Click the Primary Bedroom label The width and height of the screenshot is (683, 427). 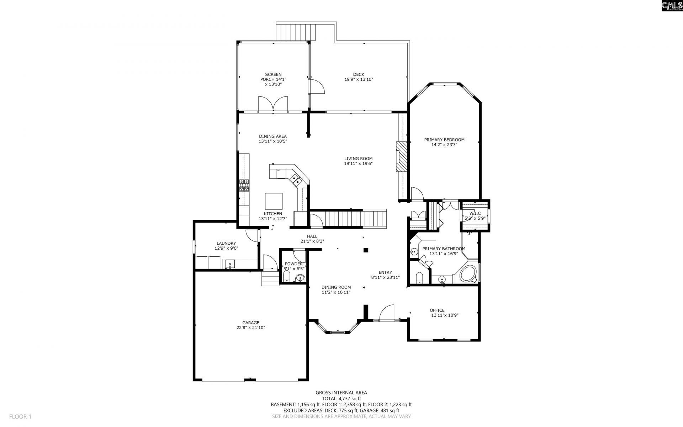click(x=444, y=140)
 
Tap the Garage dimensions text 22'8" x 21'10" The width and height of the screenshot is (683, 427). click(x=251, y=328)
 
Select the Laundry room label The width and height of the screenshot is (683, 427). click(x=226, y=243)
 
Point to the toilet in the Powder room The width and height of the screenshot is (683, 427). click(x=287, y=276)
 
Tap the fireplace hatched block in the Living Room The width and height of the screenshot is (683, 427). click(x=401, y=157)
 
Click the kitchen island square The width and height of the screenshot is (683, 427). click(x=274, y=201)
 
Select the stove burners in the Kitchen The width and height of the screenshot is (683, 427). click(x=244, y=185)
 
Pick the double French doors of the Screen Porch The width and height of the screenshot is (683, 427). click(x=273, y=104)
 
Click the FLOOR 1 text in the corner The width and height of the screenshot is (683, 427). click(x=20, y=416)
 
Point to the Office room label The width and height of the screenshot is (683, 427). click(x=437, y=310)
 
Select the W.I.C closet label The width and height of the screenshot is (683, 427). click(x=475, y=213)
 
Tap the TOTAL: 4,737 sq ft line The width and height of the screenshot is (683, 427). click(x=341, y=399)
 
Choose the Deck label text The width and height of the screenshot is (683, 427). click(x=359, y=74)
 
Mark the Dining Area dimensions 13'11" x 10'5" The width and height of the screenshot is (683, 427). click(x=273, y=141)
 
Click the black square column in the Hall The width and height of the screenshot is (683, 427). click(x=366, y=250)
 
